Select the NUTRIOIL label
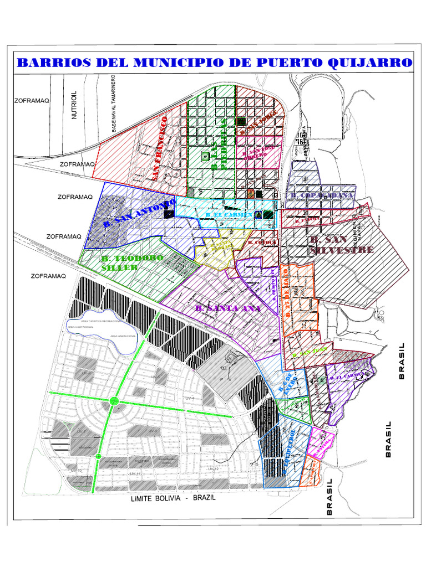point(74,106)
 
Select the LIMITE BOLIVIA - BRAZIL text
point(173,498)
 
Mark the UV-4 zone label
point(189,398)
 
